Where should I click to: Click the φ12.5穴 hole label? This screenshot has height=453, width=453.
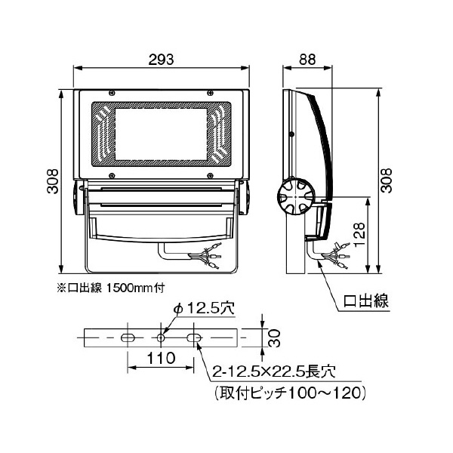[x=203, y=308]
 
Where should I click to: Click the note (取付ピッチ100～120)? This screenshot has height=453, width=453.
[x=290, y=393]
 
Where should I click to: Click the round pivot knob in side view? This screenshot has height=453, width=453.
[x=293, y=198]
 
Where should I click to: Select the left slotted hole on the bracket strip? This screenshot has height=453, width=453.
[x=128, y=337]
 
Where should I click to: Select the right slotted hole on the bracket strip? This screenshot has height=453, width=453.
[x=195, y=337]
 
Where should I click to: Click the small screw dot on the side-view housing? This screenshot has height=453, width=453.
[x=291, y=136]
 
